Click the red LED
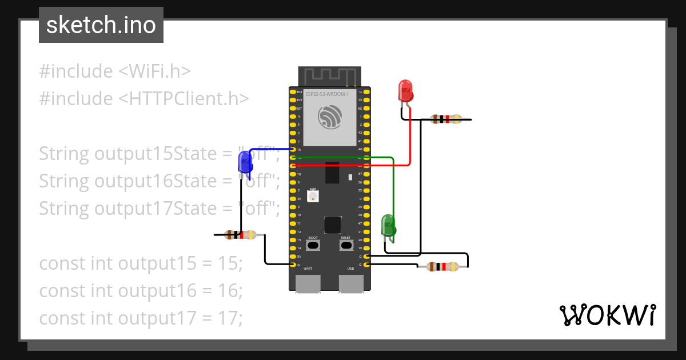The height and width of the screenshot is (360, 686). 405,91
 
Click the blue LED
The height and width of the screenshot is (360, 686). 245,162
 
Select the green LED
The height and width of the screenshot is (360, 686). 388,225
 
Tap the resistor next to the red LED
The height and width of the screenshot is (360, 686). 446,119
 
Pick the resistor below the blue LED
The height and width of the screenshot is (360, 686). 241,234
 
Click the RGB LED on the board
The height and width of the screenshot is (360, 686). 313,196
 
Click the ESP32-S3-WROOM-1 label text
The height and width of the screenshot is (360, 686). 327,94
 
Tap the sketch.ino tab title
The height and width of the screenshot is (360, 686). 101,25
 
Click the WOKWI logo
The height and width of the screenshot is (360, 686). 607,315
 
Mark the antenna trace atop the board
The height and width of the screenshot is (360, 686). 330,75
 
